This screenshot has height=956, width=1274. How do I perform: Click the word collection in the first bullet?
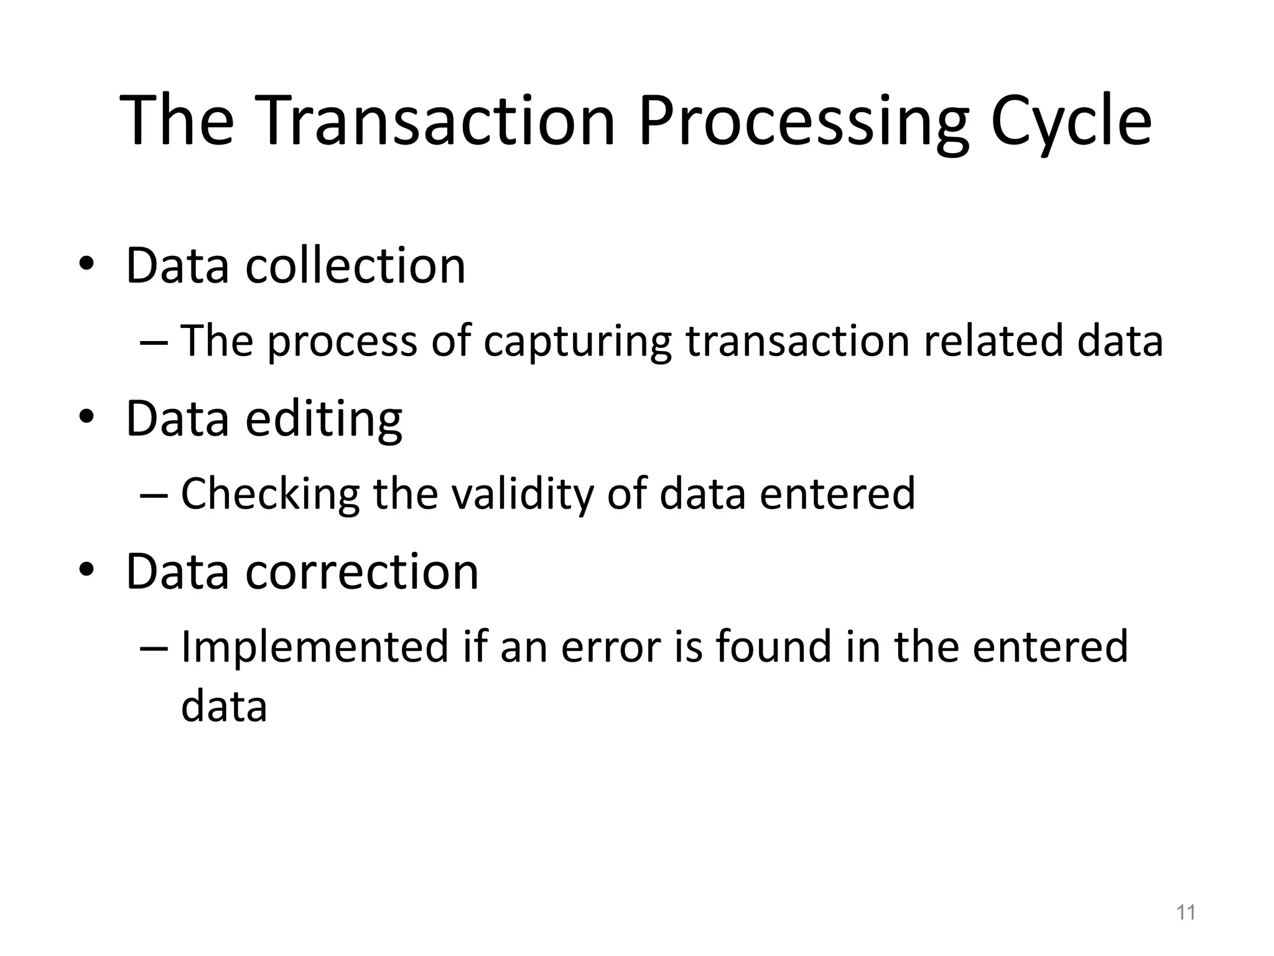point(355,266)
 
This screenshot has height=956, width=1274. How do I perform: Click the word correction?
point(362,572)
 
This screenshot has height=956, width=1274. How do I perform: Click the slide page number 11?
point(1186,913)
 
